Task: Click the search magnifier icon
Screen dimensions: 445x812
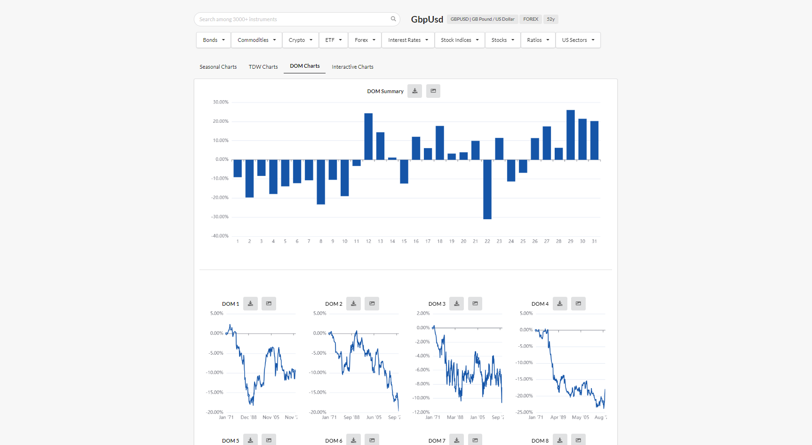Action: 393,19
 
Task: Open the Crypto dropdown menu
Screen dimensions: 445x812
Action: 300,40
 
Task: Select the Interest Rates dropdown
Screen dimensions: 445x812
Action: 408,40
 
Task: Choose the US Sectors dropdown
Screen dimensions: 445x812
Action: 578,40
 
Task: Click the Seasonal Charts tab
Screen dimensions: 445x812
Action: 218,67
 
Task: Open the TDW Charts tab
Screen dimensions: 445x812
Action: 263,67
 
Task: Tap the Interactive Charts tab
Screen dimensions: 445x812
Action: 352,67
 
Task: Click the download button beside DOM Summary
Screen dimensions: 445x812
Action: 414,91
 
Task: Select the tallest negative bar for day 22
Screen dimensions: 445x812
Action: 487,189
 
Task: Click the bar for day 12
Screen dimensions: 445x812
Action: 368,136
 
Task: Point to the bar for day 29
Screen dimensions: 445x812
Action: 571,135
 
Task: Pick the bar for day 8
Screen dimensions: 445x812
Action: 321,182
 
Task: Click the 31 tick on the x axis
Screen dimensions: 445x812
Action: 594,241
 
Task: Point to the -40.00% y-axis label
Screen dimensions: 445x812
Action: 220,236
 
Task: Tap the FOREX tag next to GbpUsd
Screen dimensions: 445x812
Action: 531,19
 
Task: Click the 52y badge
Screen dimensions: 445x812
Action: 550,19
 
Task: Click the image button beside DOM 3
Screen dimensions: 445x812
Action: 475,304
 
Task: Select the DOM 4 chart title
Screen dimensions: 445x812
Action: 540,304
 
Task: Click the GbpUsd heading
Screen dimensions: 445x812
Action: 427,19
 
